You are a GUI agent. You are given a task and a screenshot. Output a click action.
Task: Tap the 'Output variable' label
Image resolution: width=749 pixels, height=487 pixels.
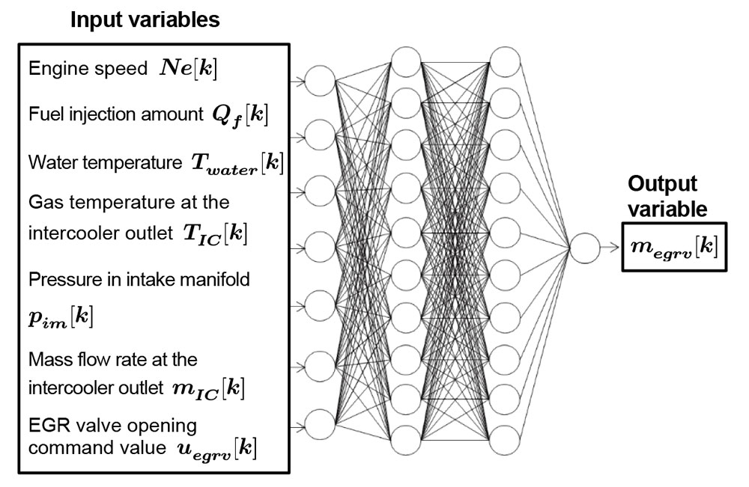pyautogui.click(x=667, y=197)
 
